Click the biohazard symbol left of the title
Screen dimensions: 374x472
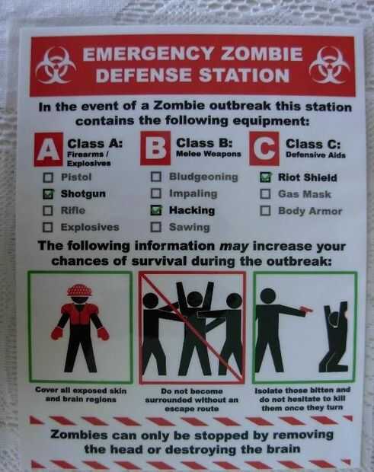(56, 65)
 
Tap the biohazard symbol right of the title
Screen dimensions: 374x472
(330, 65)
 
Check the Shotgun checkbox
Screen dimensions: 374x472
(48, 194)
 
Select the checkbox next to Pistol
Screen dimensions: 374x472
(48, 177)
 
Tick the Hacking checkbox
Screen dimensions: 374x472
(156, 210)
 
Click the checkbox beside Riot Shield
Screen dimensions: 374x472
(265, 177)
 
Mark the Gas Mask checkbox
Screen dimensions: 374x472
(265, 194)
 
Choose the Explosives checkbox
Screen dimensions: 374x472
(47, 228)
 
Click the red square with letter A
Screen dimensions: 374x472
(49, 149)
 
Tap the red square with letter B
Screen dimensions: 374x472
(155, 148)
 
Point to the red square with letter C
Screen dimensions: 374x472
(264, 148)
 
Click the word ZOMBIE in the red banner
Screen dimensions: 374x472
(261, 54)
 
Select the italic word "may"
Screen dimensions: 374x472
(234, 247)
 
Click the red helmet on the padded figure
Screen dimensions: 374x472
(79, 290)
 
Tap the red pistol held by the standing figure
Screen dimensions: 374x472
(306, 310)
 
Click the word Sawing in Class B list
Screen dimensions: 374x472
(190, 227)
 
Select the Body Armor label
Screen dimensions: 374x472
(310, 211)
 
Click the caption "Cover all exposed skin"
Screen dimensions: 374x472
(81, 391)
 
